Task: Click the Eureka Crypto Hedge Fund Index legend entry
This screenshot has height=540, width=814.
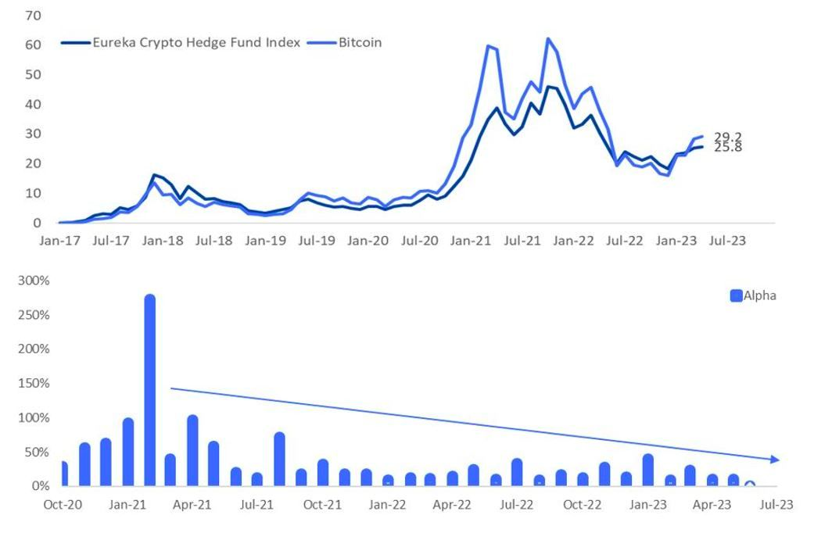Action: pyautogui.click(x=195, y=43)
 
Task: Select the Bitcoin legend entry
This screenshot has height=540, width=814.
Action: pyautogui.click(x=360, y=43)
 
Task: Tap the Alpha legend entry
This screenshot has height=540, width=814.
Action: pyautogui.click(x=759, y=295)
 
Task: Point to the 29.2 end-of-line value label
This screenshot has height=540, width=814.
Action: pyautogui.click(x=727, y=137)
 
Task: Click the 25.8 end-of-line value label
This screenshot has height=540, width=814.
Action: pyautogui.click(x=727, y=147)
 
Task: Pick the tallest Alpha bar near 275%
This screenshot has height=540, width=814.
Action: pyautogui.click(x=149, y=391)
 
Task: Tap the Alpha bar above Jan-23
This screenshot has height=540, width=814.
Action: pyautogui.click(x=647, y=470)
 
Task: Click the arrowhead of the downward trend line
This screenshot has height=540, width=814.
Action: pyautogui.click(x=774, y=460)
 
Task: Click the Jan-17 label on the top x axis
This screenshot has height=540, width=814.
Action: pyautogui.click(x=59, y=241)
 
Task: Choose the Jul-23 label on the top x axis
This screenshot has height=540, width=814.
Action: pyautogui.click(x=726, y=241)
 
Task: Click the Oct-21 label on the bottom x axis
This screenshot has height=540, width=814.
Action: pyautogui.click(x=322, y=505)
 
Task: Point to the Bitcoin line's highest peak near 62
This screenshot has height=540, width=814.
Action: pyautogui.click(x=548, y=38)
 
